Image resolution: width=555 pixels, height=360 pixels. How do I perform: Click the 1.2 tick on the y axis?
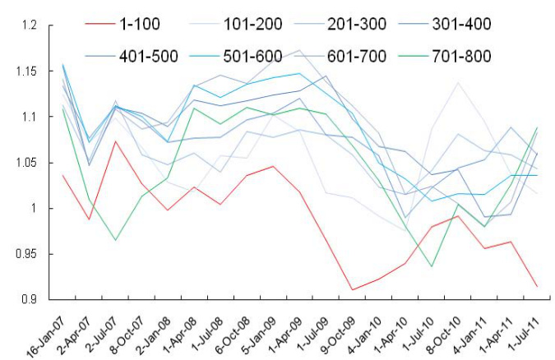point(30,26)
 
